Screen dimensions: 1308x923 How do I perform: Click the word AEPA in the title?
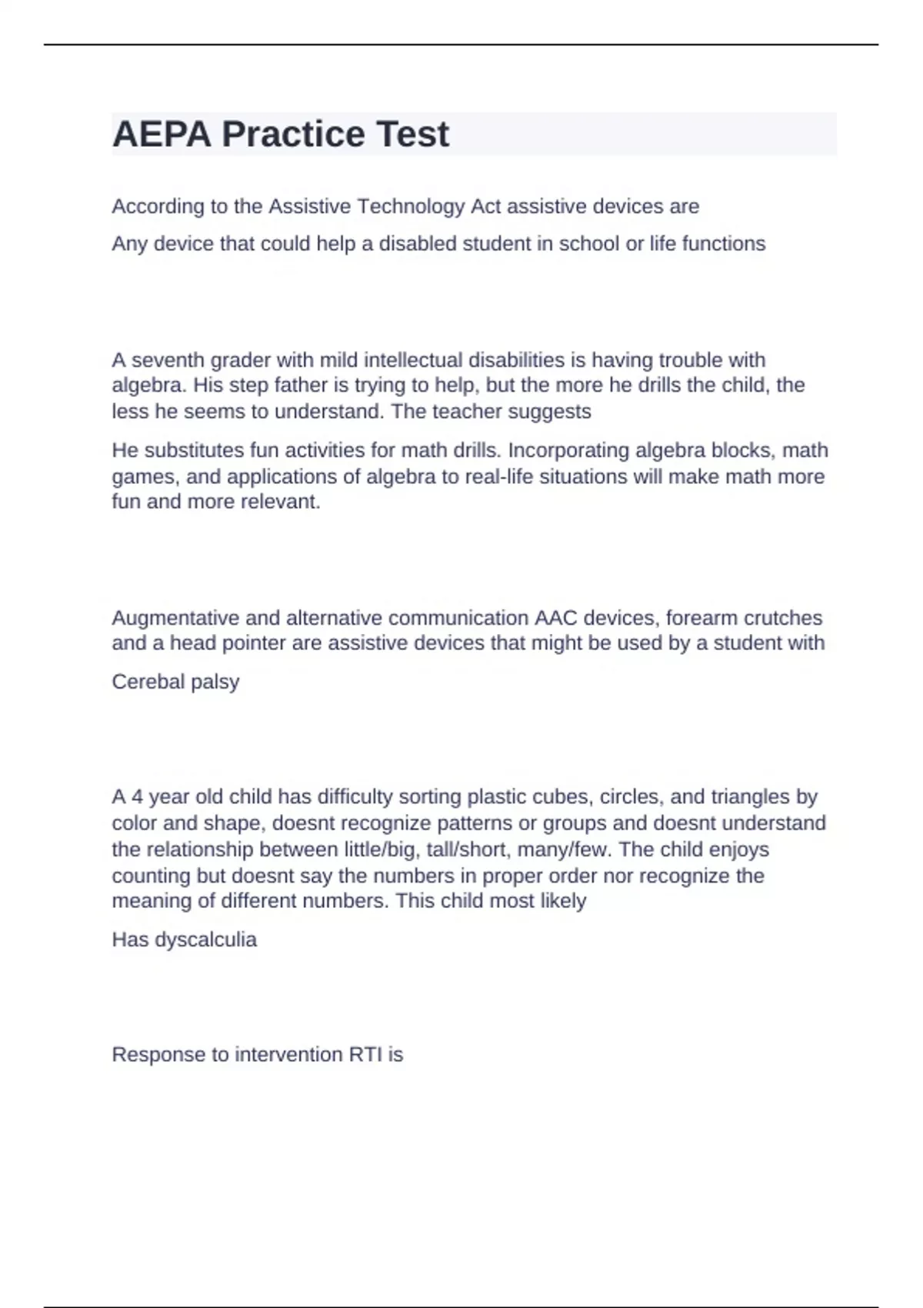[x=162, y=135]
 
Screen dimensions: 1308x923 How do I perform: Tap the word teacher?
[x=461, y=412]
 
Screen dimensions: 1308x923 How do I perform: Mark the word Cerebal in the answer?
[x=144, y=682]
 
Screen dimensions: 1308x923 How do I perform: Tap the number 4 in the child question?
[x=137, y=796]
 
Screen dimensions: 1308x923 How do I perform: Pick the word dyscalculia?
[x=205, y=939]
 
